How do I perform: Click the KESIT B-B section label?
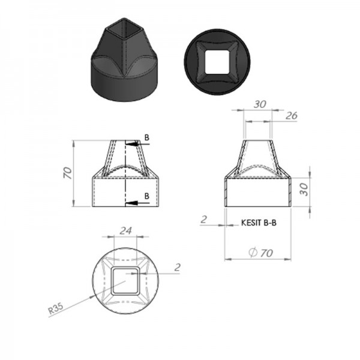[x=259, y=223]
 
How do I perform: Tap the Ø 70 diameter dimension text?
[x=261, y=253]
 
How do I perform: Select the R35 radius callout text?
[x=56, y=308]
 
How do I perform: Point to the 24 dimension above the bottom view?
[x=126, y=231]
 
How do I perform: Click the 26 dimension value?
[x=292, y=116]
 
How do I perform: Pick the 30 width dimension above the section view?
[x=260, y=104]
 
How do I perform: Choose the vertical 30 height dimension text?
[x=304, y=189]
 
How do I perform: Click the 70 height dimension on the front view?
[x=68, y=173]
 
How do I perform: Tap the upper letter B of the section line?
[x=147, y=137]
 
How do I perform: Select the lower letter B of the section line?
[x=147, y=196]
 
